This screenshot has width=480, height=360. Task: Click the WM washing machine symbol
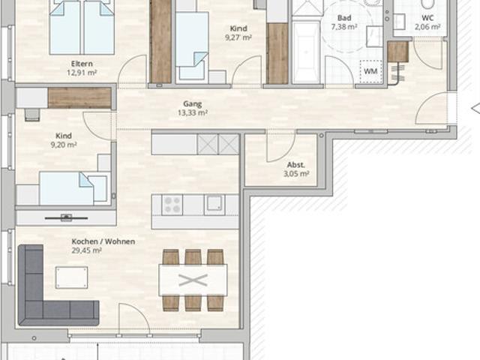point(370,71)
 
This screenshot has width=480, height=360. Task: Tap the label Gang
point(192,104)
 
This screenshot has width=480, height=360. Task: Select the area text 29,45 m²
point(86,251)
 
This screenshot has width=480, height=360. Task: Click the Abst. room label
point(295,165)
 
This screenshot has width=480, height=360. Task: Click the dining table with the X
point(193,280)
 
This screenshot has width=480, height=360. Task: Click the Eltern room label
point(82,64)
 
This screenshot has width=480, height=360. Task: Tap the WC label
point(427,16)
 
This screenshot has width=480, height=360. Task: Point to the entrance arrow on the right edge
point(474,109)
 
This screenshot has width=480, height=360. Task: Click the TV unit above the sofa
point(66,217)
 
